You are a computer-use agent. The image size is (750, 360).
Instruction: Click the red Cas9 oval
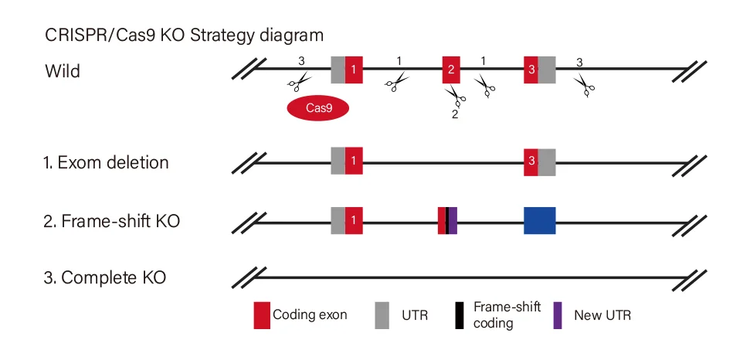pos(318,109)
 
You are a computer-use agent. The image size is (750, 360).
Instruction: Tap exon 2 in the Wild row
pos(451,70)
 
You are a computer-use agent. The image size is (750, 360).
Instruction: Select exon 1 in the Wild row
pos(354,70)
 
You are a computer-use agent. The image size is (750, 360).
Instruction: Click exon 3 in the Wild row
pos(531,70)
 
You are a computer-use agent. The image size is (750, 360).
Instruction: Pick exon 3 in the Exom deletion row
pos(531,161)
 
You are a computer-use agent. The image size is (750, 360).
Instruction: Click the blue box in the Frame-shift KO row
pos(539,220)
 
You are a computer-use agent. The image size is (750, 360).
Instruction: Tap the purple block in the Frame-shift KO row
pos(453,220)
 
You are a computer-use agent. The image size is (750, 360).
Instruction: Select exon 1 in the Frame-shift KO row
pos(354,220)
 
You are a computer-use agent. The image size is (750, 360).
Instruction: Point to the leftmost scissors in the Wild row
pos(298,80)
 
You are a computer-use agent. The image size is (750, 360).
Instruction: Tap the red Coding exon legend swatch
pos(263,316)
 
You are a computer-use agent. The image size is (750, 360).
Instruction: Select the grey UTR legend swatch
pos(382,316)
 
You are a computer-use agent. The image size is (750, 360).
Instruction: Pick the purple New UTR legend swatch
pos(558,316)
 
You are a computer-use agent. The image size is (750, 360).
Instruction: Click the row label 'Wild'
pos(63,72)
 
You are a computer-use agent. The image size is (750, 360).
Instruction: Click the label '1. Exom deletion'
pos(107,163)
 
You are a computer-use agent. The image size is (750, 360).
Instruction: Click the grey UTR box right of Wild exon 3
pos(547,70)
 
